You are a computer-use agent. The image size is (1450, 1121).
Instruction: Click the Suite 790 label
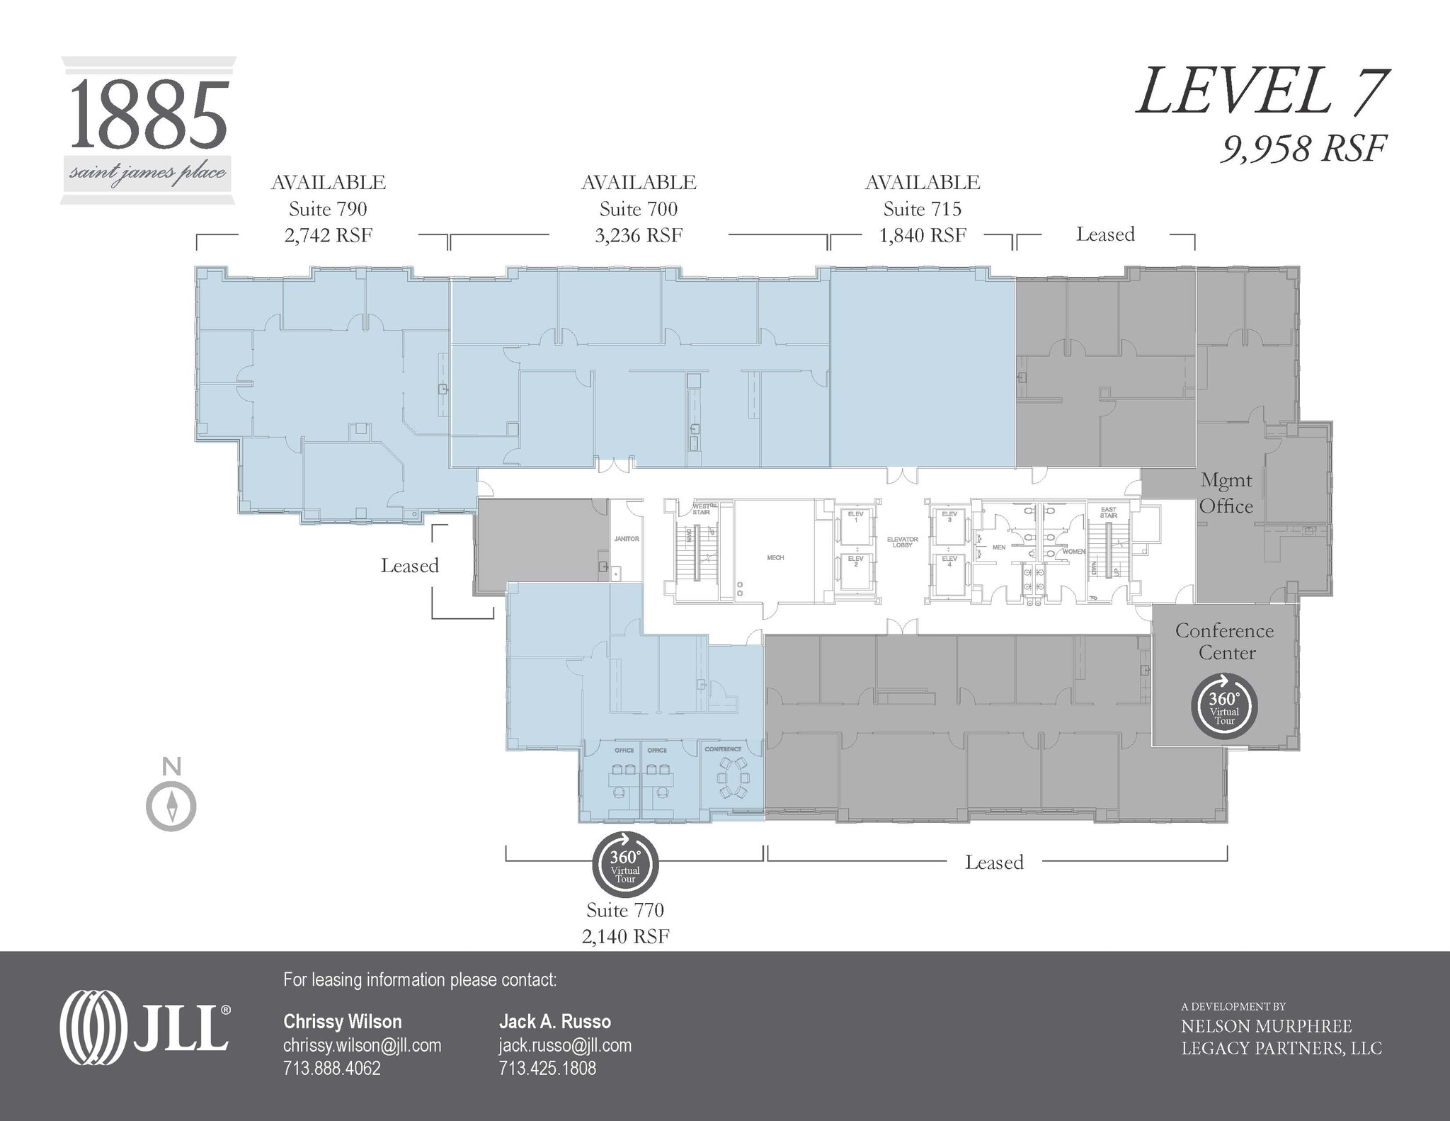tap(328, 209)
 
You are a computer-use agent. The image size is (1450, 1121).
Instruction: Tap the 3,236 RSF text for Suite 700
tap(639, 235)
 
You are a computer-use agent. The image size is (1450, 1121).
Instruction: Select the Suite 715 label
tap(922, 209)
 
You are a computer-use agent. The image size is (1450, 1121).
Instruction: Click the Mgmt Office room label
tap(1226, 493)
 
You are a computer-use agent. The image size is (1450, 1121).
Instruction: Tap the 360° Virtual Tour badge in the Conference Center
tap(1224, 706)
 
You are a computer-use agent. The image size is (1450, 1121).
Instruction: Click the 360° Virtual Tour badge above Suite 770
tap(625, 865)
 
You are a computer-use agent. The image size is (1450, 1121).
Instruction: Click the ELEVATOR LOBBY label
tap(902, 542)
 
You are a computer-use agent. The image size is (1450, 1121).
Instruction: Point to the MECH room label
tap(775, 558)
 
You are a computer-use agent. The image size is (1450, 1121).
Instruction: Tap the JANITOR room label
tap(627, 539)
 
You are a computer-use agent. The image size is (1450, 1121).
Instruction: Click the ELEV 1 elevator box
tap(856, 523)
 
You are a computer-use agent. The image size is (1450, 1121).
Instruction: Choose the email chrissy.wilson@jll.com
tap(362, 1045)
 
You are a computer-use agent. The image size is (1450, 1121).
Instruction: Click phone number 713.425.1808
tap(547, 1068)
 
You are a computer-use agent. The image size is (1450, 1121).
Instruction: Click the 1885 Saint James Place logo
tap(149, 131)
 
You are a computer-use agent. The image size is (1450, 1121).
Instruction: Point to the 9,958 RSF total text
tap(1302, 149)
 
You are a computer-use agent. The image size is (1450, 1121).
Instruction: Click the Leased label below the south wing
tap(994, 862)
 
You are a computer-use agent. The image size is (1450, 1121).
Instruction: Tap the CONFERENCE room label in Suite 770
tap(723, 749)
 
